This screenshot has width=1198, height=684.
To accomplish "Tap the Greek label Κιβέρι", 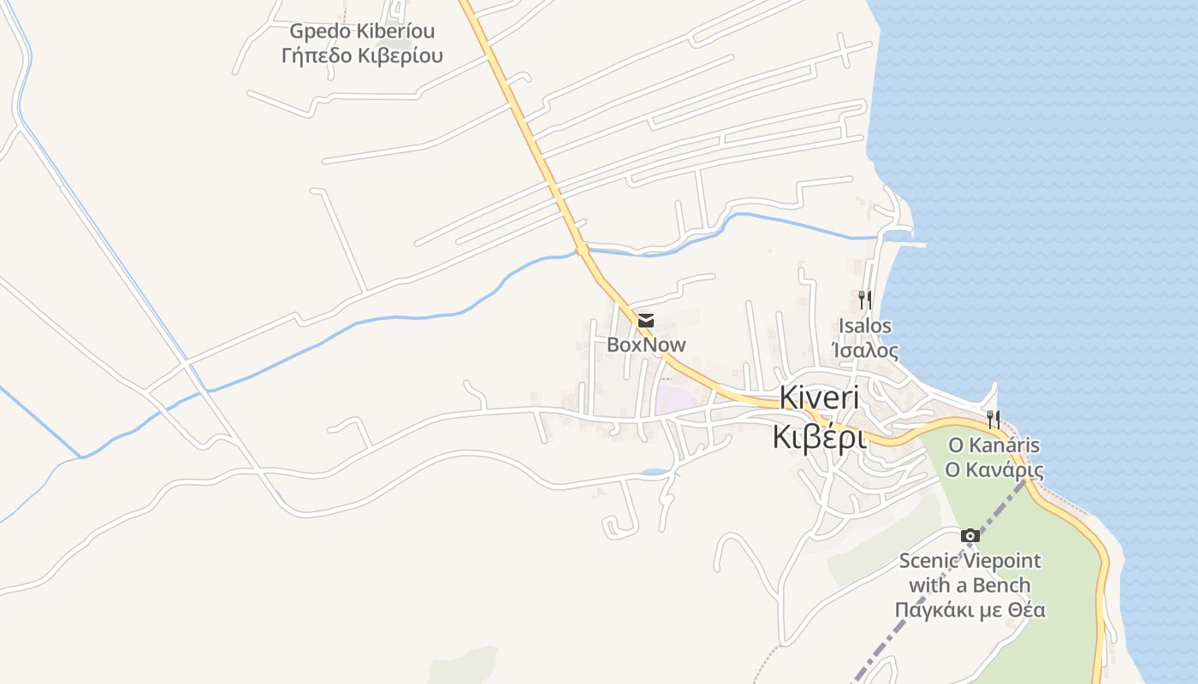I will (x=819, y=436).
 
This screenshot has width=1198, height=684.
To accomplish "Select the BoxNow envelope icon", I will (x=646, y=321).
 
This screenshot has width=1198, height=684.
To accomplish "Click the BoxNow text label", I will (x=646, y=345).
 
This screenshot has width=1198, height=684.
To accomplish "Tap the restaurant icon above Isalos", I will (x=865, y=299).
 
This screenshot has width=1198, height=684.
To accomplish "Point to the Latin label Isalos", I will (x=865, y=326).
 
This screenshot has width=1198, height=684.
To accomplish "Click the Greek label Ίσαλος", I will (x=865, y=351).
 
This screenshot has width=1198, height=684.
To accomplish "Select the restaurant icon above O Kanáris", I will (x=993, y=419).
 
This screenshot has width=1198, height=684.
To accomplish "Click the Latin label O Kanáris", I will (x=993, y=445).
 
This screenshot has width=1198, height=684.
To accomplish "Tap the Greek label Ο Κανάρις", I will (x=993, y=469).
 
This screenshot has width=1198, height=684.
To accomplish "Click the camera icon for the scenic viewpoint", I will (x=970, y=535).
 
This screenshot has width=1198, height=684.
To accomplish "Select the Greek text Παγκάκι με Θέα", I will (x=970, y=610).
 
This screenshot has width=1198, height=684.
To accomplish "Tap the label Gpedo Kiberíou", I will (x=362, y=32).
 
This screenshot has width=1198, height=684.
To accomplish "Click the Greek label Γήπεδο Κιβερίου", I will (x=362, y=56).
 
